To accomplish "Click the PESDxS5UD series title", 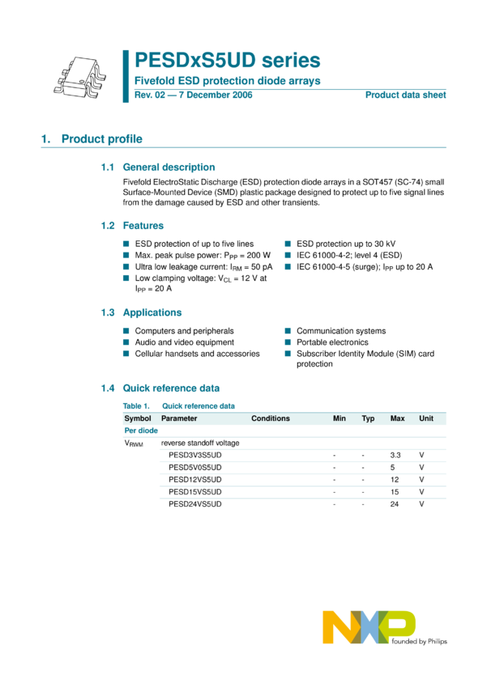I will coord(227,61).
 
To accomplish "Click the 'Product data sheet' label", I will coord(405,95).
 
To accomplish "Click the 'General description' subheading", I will coord(169,167).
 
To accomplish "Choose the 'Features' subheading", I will coord(143,226).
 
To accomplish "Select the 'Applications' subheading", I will coord(152,312).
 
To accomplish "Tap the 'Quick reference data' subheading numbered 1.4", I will coord(170,389).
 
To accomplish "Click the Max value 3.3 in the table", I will coord(395,456).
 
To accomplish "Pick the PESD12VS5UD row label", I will coord(194,480).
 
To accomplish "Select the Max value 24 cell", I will coord(395,504).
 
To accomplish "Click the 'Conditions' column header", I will coord(271,418).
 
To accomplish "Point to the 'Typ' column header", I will coord(368,418).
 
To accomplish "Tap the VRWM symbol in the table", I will coord(134,444).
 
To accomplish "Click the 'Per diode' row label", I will coord(141,431).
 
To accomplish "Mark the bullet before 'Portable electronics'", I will coord(288,342).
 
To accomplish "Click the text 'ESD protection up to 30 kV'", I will coord(346,244).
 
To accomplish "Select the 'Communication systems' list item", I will coord(341,331).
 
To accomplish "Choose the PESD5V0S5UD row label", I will coord(194,468).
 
